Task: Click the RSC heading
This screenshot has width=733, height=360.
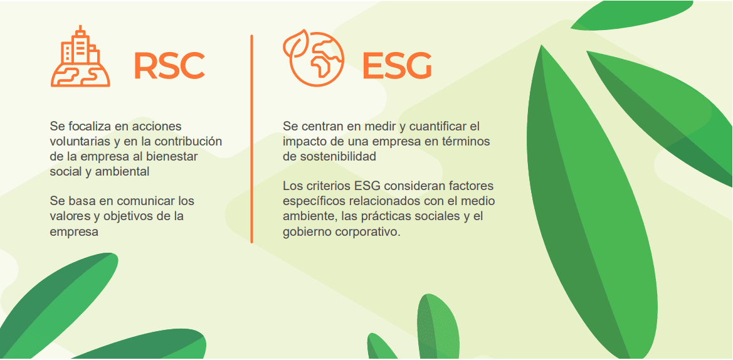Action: tap(169, 66)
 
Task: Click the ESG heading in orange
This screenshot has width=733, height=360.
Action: tap(397, 66)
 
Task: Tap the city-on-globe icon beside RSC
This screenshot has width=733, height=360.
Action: tap(80, 56)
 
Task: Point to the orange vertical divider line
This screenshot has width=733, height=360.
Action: tap(251, 139)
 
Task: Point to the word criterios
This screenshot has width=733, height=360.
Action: tap(327, 186)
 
